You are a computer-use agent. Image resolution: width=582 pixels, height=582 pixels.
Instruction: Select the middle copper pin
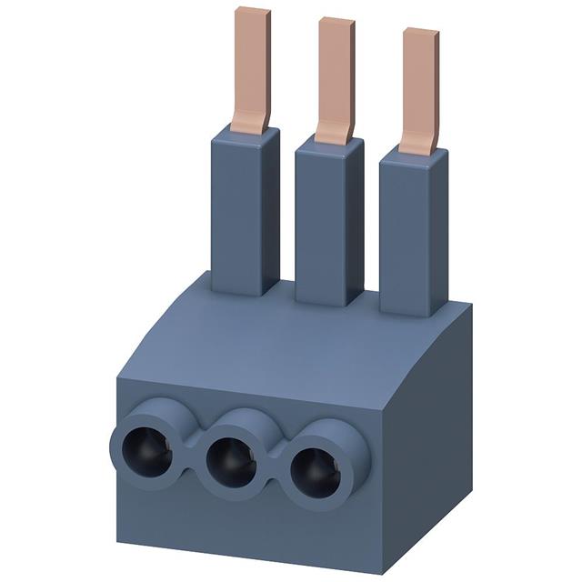336,77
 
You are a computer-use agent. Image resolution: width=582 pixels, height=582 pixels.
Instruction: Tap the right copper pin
420,86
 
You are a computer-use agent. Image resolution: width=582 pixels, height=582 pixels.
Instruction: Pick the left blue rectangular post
245,214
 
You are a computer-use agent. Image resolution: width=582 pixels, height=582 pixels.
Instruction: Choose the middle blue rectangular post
328,227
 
